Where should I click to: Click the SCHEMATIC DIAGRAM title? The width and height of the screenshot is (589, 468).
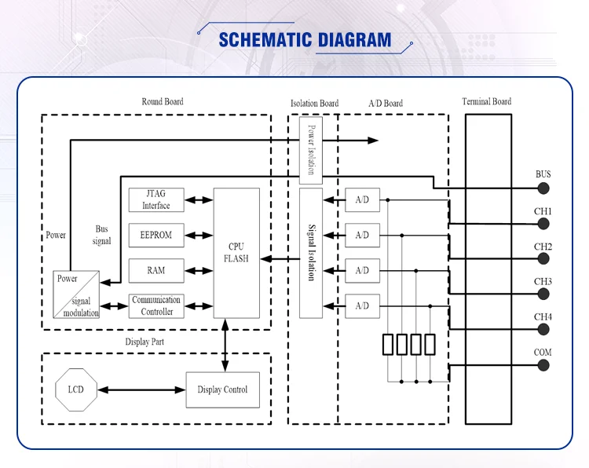[305, 39]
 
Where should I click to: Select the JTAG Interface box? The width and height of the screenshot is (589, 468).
[156, 199]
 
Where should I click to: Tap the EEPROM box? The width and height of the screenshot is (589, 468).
[156, 235]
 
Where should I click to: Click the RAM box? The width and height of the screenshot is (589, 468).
[156, 270]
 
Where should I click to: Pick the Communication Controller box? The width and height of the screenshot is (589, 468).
[156, 305]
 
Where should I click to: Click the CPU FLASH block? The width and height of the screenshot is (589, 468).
[236, 253]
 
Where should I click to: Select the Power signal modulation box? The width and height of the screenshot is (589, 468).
[77, 294]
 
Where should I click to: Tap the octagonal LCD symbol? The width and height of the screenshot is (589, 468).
[75, 389]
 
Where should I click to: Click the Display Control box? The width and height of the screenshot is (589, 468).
[222, 389]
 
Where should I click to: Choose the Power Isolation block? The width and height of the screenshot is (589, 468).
[311, 148]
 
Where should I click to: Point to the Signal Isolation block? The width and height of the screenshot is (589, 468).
[311, 253]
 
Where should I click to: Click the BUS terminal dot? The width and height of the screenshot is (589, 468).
[543, 188]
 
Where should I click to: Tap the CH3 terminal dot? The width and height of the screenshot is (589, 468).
[543, 295]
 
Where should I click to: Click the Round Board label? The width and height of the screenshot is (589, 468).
[163, 102]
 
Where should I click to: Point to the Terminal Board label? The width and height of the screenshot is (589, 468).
[487, 101]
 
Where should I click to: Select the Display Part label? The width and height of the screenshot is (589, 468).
[146, 342]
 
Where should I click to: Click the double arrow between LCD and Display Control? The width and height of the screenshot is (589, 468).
[141, 389]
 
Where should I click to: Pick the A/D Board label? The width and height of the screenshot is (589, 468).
[386, 103]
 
